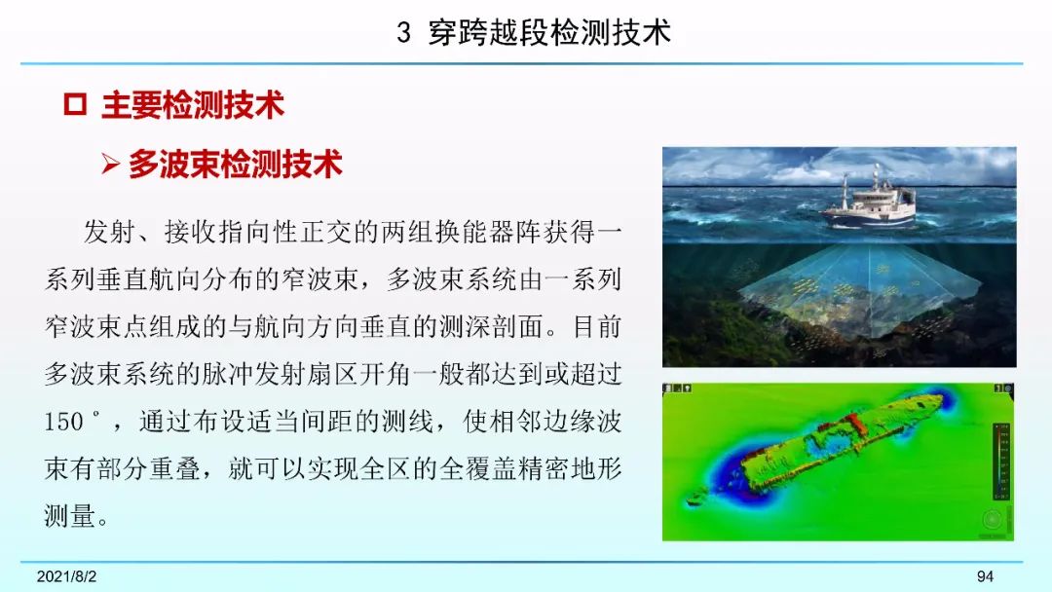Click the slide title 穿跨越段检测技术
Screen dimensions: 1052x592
pyautogui.click(x=549, y=32)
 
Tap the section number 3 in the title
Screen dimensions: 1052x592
pyautogui.click(x=403, y=33)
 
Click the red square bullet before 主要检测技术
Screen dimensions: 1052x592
pyautogui.click(x=74, y=104)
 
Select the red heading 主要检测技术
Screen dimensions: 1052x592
pyautogui.click(x=193, y=105)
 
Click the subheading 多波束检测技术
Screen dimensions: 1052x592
pyautogui.click(x=236, y=165)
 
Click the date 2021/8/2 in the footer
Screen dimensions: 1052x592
pyautogui.click(x=66, y=575)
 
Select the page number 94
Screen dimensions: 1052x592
pyautogui.click(x=985, y=575)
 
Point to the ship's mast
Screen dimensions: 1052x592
pyautogui.click(x=846, y=189)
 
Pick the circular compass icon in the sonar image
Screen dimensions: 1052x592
pyautogui.click(x=992, y=519)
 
